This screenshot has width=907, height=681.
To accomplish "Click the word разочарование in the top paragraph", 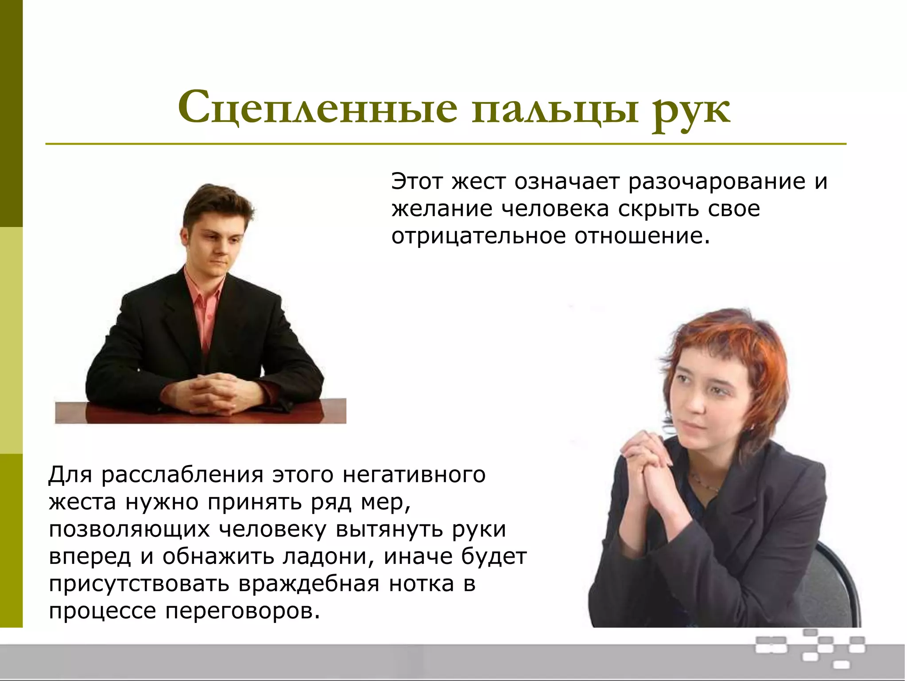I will [x=717, y=182].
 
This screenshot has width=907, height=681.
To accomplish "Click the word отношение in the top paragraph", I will [x=642, y=236].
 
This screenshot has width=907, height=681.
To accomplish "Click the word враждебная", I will [x=308, y=584].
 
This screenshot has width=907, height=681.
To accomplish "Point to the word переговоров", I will [x=242, y=611].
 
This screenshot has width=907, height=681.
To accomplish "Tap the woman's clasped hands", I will [x=647, y=461].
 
